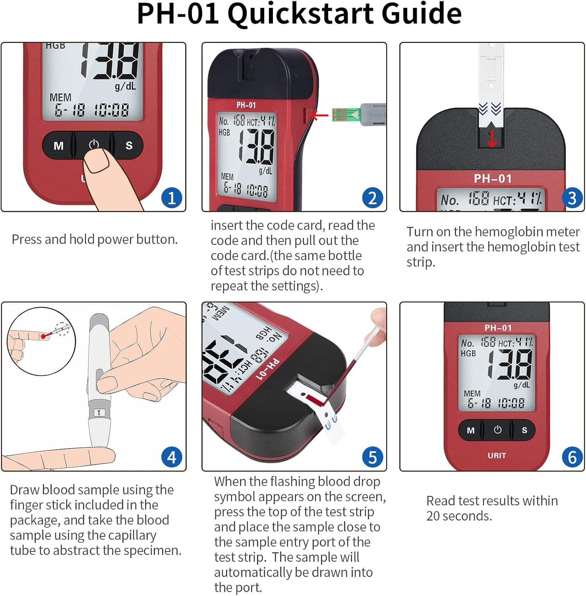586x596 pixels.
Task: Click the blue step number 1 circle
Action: (172, 198)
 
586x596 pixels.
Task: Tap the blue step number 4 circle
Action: (172, 457)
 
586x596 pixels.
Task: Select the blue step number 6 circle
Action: (572, 457)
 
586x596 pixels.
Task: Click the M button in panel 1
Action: (58, 146)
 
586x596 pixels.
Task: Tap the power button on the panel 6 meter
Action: (497, 430)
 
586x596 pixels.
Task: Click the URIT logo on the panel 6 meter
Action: (497, 455)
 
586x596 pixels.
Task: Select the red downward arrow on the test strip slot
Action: (492, 139)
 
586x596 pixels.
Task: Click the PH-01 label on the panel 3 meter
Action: (493, 179)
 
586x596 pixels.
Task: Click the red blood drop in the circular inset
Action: (43, 337)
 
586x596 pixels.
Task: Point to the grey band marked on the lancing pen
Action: (99, 412)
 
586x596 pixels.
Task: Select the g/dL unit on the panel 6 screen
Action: (521, 385)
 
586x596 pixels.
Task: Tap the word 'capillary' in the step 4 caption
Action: (132, 535)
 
